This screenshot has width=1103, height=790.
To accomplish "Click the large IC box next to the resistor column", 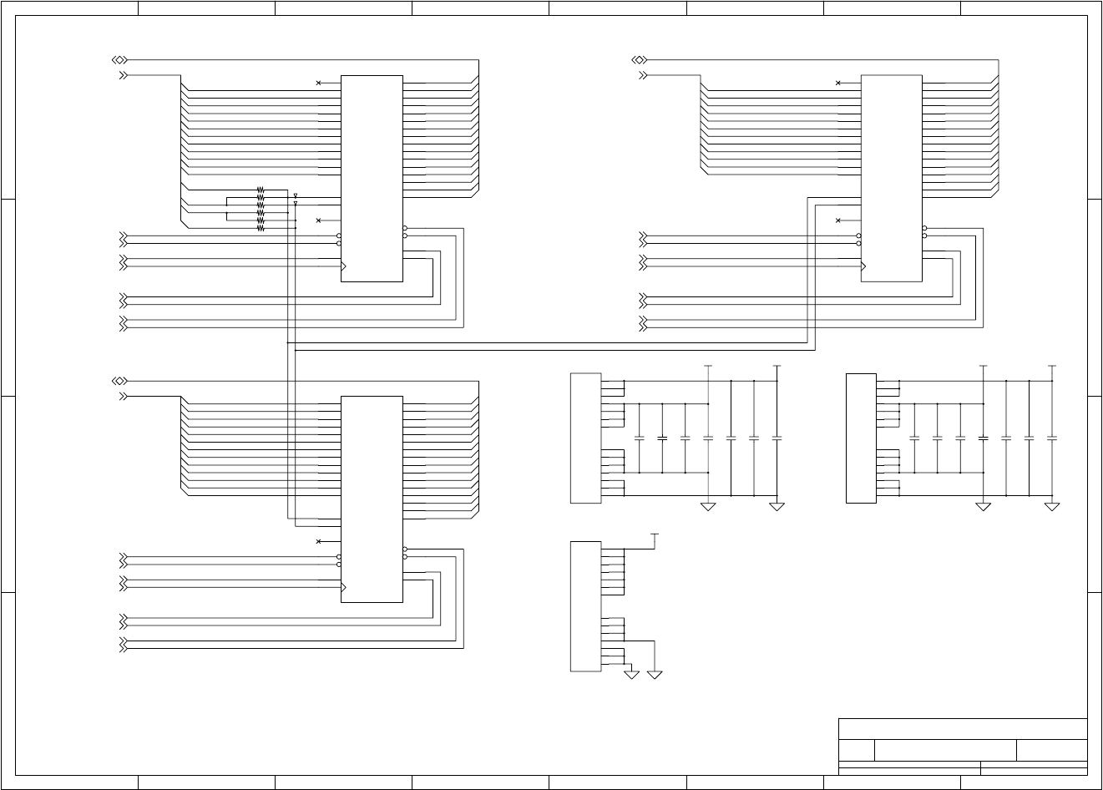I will coord(372,178).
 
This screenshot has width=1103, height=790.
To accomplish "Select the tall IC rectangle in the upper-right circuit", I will coord(891,178).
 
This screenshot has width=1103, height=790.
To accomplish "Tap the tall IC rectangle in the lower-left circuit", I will coord(372,499).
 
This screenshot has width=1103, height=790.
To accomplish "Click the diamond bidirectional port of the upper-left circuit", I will coord(119,60).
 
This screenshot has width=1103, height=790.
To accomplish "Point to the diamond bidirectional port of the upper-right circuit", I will coord(640,60).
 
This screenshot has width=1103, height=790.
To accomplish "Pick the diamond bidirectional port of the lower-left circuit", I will coord(119,381).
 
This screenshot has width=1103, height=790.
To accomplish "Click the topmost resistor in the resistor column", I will coord(261,190).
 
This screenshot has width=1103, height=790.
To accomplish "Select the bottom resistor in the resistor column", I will coord(261,228).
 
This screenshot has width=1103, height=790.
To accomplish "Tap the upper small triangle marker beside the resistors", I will coord(296,195).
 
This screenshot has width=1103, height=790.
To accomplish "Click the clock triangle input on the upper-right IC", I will coord(864,266).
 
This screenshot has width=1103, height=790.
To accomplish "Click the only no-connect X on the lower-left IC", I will coord(318,541).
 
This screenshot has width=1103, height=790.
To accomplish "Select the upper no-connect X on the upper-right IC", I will coord(837,83).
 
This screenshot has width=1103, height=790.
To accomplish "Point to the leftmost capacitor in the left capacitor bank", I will coord(640,438).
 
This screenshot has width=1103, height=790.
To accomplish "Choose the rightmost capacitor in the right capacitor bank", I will coord(1052,438).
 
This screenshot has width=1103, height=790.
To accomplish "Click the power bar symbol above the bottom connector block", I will coord(655,534).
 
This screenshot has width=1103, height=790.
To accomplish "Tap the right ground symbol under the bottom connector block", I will coord(655,674).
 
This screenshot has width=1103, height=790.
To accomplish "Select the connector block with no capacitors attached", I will coord(585,605).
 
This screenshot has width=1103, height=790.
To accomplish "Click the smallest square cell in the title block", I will coord(856,749).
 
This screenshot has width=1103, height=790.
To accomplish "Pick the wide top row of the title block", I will coord(963,728).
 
